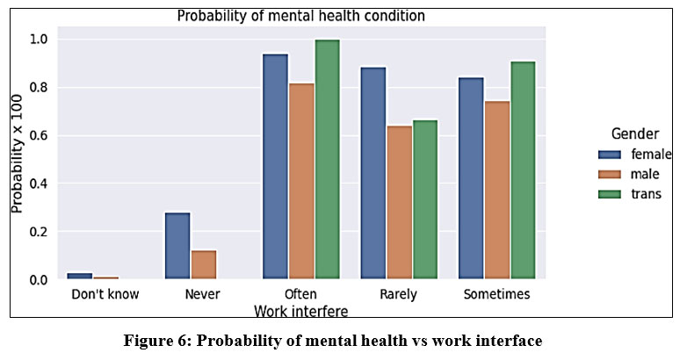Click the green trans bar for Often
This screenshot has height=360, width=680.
328,160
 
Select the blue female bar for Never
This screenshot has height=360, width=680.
177,246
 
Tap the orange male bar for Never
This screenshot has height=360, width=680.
204,264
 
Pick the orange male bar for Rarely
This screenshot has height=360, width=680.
400,202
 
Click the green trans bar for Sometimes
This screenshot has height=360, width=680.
523,170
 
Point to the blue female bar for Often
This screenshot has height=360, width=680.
275,167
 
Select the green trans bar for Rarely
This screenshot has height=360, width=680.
425,199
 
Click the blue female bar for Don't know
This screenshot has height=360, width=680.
80,276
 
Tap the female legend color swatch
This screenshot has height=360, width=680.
610,155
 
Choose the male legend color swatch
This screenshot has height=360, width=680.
610,174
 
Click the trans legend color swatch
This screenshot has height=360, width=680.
610,194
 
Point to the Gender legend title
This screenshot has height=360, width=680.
635,133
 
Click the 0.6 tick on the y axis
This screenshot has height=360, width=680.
38,136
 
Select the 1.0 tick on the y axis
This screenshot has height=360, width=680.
38,40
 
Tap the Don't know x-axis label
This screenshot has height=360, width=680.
105,294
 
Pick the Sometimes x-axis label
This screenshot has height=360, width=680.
496,294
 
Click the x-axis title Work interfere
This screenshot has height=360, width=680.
301,311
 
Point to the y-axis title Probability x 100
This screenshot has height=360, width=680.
17,154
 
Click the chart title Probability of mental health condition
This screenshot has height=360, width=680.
301,16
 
